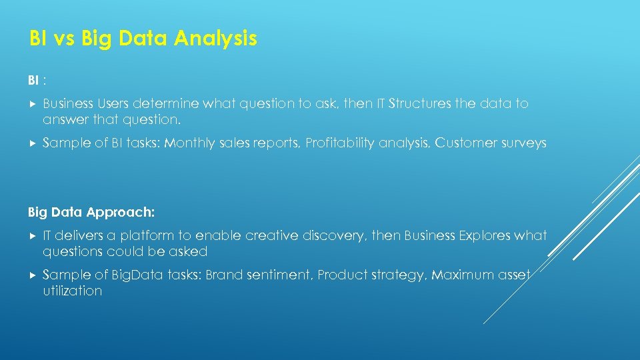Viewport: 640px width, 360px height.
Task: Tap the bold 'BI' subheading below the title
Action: [x=33, y=81]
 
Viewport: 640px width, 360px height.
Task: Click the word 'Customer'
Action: [x=466, y=143]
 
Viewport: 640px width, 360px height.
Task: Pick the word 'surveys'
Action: [x=523, y=143]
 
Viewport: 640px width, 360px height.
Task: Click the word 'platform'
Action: [x=149, y=236]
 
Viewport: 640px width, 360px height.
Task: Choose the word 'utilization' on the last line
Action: [x=72, y=291]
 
